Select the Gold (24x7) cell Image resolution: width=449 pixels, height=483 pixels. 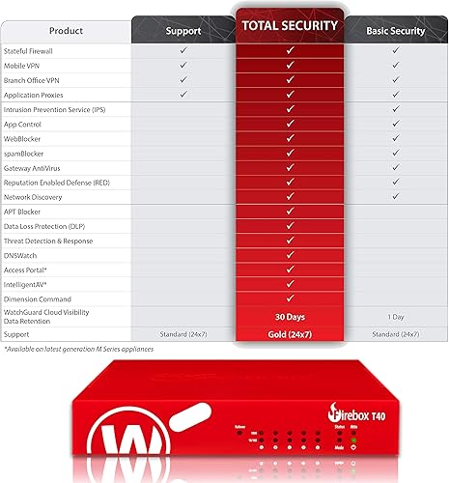point(290,333)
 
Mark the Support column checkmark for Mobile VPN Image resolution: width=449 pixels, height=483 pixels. point(183,66)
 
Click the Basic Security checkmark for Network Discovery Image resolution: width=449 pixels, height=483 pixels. point(395,196)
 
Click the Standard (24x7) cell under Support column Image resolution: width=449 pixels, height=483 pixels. point(183,333)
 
